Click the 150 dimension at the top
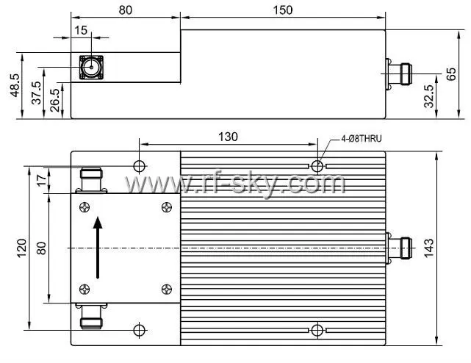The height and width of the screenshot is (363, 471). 282,10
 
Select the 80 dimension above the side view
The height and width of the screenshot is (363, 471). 125,10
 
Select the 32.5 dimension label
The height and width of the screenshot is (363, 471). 428,96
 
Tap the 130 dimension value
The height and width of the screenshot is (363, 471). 227,136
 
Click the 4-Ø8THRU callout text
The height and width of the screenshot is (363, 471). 362,137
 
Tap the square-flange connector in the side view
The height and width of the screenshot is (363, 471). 92,69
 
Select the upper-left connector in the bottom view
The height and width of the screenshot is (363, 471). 90,179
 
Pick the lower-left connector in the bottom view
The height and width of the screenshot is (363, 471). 90,317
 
